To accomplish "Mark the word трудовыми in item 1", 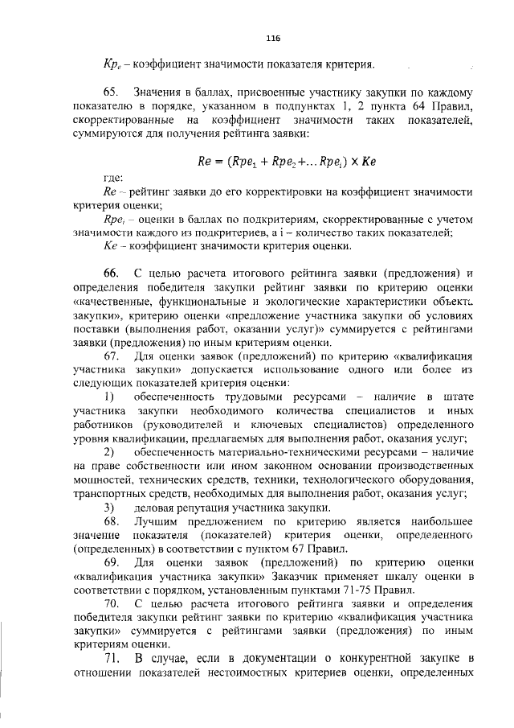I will [x=245, y=396].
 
